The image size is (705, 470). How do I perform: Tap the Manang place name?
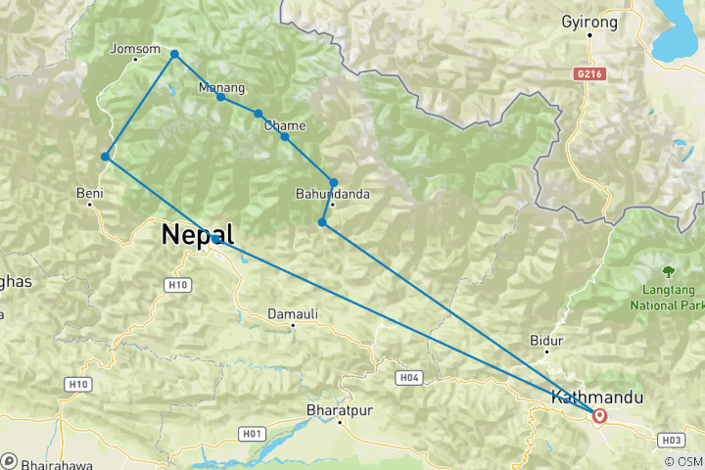pyautogui.click(x=220, y=87)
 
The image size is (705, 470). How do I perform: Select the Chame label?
pyautogui.click(x=285, y=125)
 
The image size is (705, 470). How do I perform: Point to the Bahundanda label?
pyautogui.click(x=333, y=194)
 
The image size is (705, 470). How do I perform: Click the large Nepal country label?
pyautogui.click(x=198, y=235)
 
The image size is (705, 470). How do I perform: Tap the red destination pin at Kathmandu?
pyautogui.click(x=599, y=415)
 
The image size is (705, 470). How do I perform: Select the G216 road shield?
pyautogui.click(x=587, y=73)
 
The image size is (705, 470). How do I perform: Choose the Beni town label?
pyautogui.click(x=90, y=193)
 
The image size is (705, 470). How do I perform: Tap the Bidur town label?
pyautogui.click(x=546, y=340)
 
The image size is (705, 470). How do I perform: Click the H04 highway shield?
pyautogui.click(x=409, y=377)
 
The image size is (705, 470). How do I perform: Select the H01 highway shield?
pyautogui.click(x=253, y=433)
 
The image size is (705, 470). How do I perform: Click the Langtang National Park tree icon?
pyautogui.click(x=670, y=271)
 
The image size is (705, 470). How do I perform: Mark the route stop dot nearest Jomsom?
pyautogui.click(x=174, y=54)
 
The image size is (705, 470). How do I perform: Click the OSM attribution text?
pyautogui.click(x=683, y=461)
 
